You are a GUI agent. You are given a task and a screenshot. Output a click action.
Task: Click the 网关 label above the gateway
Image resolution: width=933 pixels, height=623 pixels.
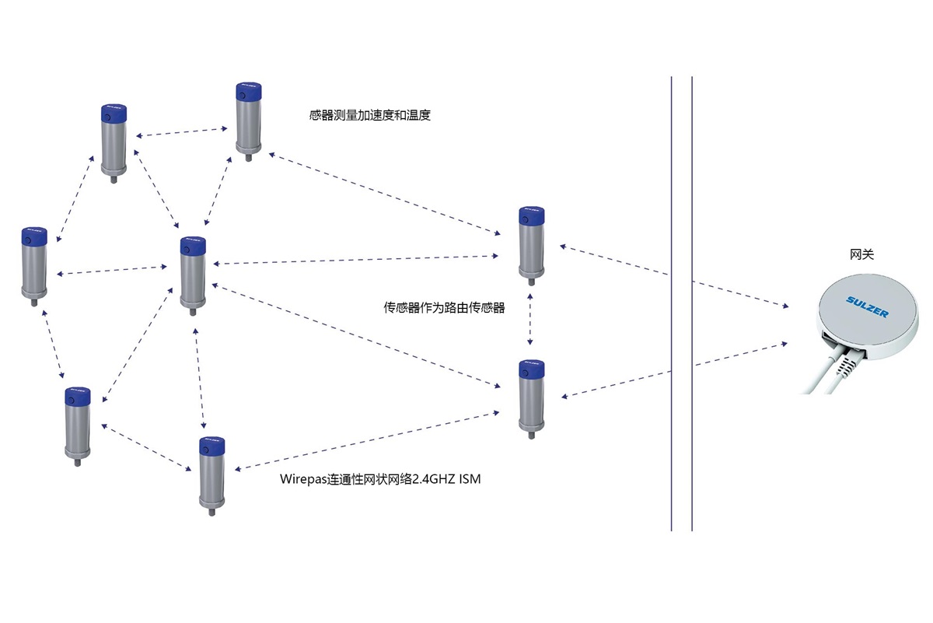(x=861, y=254)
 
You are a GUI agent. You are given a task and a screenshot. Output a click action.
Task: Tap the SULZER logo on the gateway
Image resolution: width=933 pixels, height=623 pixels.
(x=867, y=306)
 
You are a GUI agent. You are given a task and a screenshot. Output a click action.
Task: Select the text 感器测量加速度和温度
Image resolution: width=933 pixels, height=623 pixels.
(x=369, y=115)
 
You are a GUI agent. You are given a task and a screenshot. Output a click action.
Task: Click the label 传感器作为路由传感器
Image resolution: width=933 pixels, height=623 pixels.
(x=444, y=307)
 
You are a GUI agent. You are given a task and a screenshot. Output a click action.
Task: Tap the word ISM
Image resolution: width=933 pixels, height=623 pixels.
(x=470, y=479)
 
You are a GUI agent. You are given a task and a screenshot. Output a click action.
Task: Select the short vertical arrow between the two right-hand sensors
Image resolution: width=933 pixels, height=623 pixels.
(x=529, y=319)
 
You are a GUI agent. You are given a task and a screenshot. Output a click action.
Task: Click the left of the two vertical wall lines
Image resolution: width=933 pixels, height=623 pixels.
(x=672, y=303)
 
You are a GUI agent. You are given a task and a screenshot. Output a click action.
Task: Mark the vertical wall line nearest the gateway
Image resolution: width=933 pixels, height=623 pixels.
(x=692, y=303)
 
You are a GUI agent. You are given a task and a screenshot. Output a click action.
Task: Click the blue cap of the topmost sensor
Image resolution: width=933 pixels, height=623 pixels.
(x=249, y=91)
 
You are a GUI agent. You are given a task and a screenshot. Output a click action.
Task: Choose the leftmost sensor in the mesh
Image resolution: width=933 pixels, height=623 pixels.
(x=34, y=267)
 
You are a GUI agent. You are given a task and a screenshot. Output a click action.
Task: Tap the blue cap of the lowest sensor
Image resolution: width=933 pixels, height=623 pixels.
(x=212, y=446)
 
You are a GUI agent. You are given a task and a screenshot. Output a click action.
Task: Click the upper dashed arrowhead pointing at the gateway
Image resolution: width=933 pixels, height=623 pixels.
(x=785, y=306)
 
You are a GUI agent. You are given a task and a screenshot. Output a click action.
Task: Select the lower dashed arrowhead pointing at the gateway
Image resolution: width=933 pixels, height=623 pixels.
(x=784, y=345)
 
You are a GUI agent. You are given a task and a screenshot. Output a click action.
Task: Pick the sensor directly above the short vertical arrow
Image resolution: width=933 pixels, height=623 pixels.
(x=532, y=246)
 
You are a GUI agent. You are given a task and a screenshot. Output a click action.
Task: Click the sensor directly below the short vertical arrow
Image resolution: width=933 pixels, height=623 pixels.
(x=532, y=399)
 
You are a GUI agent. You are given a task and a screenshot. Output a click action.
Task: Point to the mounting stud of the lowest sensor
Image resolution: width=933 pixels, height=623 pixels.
(x=211, y=511)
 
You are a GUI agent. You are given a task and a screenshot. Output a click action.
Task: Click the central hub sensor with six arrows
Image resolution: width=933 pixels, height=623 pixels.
(x=193, y=276)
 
